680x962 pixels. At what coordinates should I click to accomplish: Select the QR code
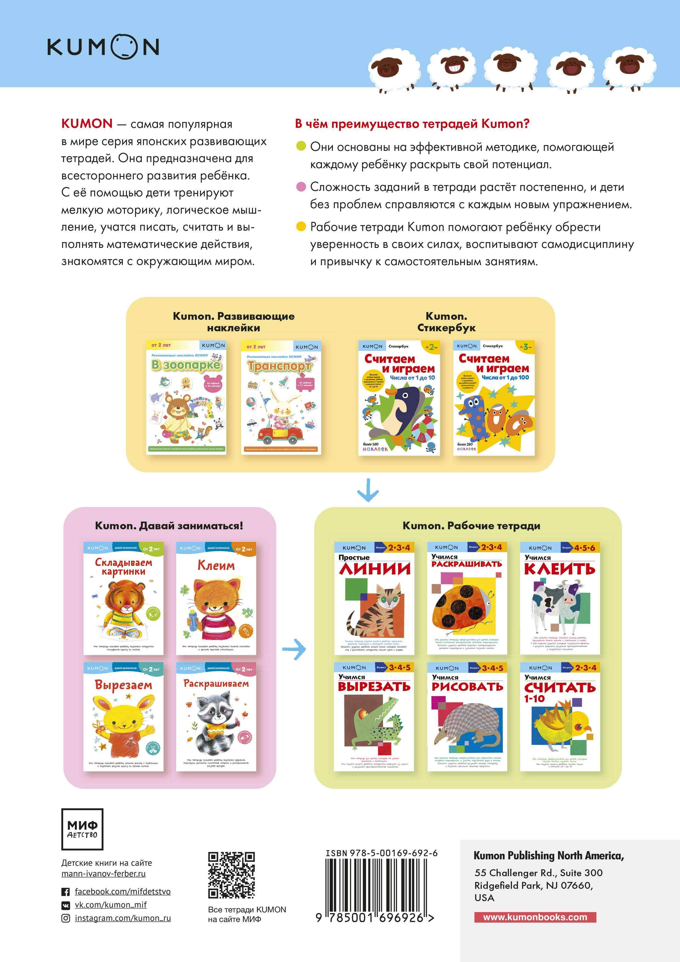point(231,875)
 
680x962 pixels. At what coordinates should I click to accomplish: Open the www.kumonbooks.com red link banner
point(535,917)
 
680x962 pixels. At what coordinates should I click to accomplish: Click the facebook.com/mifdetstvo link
point(122,892)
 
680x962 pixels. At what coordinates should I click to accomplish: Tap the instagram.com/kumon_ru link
point(122,918)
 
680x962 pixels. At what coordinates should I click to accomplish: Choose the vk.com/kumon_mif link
point(110,905)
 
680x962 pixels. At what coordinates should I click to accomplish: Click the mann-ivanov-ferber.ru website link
point(103,874)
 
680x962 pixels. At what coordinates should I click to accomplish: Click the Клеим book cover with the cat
point(216,598)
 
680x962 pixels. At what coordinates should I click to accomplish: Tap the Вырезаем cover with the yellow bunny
point(124,717)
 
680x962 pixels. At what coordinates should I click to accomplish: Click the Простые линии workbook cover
point(374,598)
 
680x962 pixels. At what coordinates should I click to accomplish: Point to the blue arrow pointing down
point(368,490)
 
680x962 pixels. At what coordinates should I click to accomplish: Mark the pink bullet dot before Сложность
point(301,187)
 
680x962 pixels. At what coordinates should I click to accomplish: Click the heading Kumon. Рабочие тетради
point(471,525)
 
